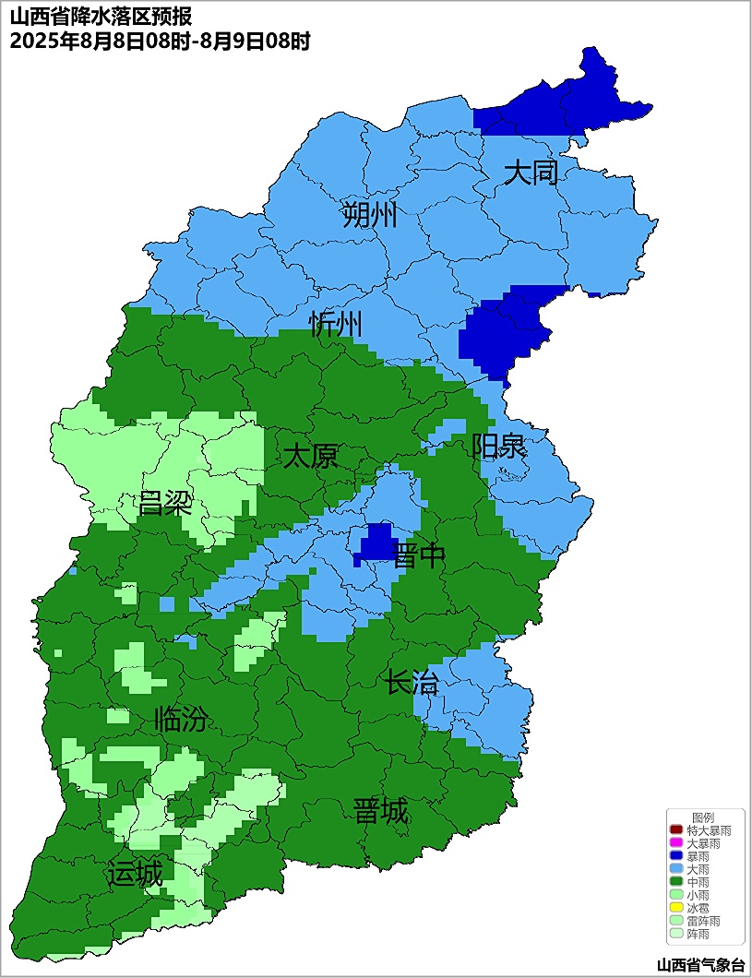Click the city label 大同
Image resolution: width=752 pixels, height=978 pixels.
tap(531, 173)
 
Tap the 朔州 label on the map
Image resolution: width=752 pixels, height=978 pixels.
tap(369, 215)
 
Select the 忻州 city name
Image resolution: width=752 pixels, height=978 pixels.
tap(336, 324)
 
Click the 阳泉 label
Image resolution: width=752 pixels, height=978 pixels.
tap(498, 447)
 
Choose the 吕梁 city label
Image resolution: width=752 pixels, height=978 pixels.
tap(164, 504)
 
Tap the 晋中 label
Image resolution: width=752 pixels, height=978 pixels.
tap(419, 556)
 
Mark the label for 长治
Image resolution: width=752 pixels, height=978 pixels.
tap(412, 684)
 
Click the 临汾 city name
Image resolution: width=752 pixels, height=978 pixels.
tap(180, 719)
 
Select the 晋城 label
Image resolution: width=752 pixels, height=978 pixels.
tap(380, 812)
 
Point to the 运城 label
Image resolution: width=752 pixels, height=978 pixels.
tap(135, 873)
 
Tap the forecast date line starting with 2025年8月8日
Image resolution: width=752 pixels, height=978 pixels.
tap(159, 41)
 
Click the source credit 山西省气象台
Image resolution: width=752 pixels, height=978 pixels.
tap(699, 965)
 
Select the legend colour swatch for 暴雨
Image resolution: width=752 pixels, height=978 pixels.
tap(675, 856)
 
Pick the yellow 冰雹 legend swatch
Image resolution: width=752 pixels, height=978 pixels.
tap(675, 908)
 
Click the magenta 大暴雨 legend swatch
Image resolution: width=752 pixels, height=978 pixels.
tap(675, 843)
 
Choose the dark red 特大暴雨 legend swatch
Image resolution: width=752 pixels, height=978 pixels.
tap(675, 830)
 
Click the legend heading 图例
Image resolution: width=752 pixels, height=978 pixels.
tap(703, 817)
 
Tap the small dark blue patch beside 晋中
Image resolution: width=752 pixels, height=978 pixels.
tap(376, 542)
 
